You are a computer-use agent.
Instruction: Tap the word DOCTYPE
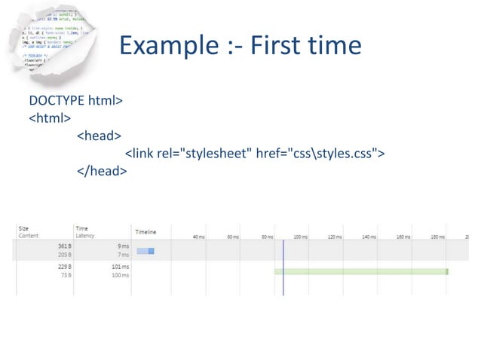click(x=57, y=99)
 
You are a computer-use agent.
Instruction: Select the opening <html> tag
click(x=50, y=117)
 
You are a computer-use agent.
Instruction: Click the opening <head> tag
click(x=99, y=136)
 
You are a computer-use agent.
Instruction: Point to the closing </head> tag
click(x=101, y=172)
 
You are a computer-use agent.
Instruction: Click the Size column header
click(x=23, y=228)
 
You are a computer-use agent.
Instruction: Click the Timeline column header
click(x=146, y=231)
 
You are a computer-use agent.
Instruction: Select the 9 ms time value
click(x=123, y=246)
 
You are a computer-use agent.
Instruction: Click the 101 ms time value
click(x=120, y=267)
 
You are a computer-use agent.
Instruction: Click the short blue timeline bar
click(x=146, y=251)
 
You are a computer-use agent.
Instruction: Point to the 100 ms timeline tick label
click(x=300, y=236)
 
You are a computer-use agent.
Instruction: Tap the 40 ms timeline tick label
click(x=198, y=236)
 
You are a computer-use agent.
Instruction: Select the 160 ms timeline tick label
click(x=403, y=236)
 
